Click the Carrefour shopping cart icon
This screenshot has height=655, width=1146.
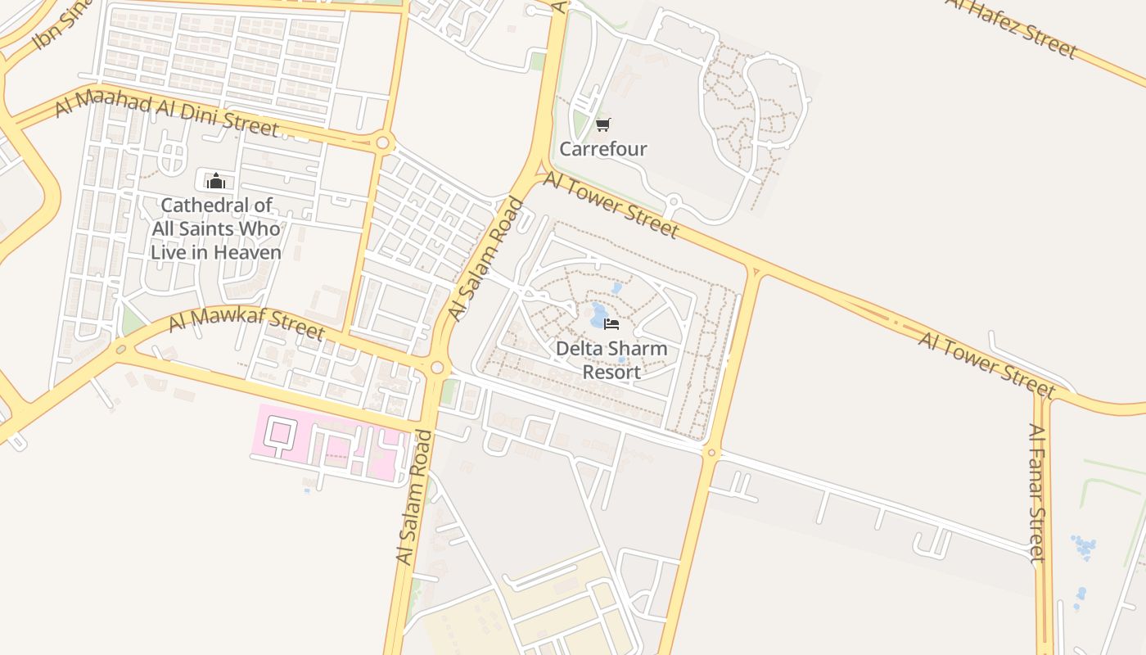[x=603, y=124]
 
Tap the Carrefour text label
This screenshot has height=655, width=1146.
[x=603, y=149]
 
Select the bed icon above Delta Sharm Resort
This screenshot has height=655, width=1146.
[x=611, y=323]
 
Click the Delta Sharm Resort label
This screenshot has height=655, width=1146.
[x=611, y=359]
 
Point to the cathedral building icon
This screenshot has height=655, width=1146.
[x=216, y=181]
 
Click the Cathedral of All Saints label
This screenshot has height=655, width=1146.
[x=216, y=228]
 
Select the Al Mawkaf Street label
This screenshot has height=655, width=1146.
[x=246, y=323]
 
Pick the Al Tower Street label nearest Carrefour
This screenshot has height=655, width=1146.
[x=611, y=206]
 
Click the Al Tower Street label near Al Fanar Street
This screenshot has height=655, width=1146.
[x=986, y=364]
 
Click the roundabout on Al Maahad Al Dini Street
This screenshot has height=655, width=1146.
[x=382, y=143]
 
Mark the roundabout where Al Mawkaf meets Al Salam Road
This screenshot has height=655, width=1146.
[x=437, y=368]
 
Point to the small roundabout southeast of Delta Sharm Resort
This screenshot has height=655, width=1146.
[x=711, y=452]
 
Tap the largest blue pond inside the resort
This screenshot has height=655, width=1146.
[x=599, y=315]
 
